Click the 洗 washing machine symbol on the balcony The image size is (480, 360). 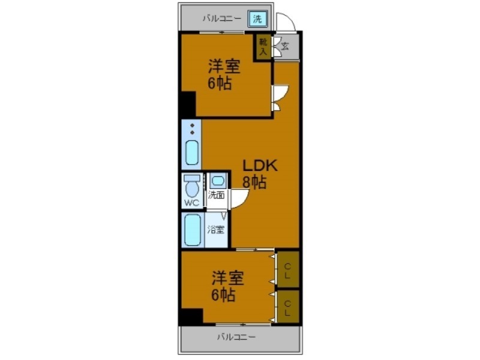click(257, 19)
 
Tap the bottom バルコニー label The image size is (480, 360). click(236, 337)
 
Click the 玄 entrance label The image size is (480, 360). click(284, 46)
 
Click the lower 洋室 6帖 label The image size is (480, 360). click(227, 286)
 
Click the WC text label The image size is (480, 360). click(191, 203)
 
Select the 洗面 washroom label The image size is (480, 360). click(216, 194)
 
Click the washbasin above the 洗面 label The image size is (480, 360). click(217, 180)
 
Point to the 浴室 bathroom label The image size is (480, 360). click(216, 229)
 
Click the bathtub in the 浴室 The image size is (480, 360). click(193, 230)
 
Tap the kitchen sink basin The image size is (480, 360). click(191, 152)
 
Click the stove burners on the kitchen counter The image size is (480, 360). click(192, 129)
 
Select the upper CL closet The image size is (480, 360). click(288, 268)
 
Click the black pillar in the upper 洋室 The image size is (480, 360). click(188, 104)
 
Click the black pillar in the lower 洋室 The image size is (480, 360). click(191, 316)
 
